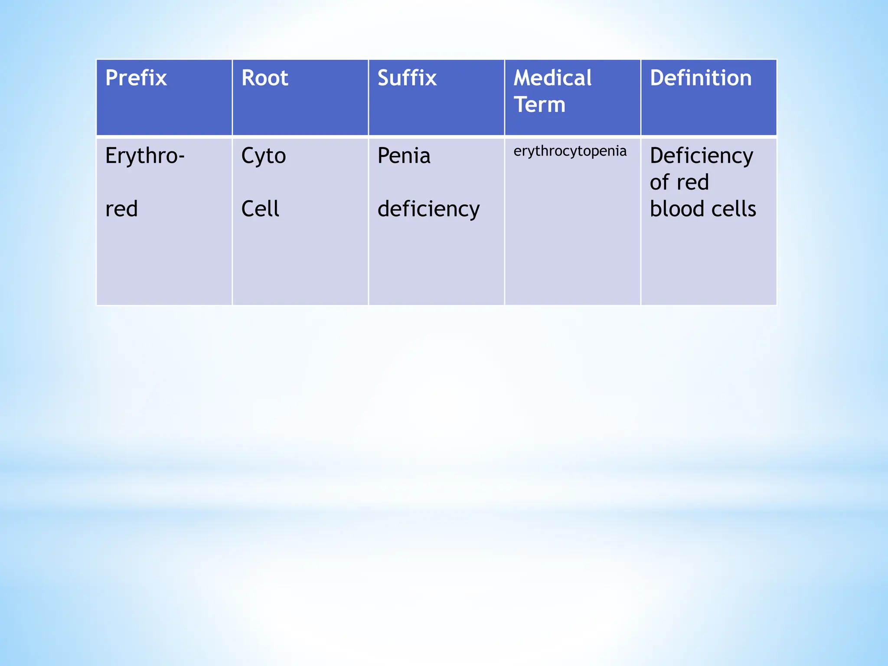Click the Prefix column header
coord(136,78)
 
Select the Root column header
coord(264,78)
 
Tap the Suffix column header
coord(407,78)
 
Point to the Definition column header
coord(700,78)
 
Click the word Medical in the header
coord(552,78)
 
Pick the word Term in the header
coord(539,105)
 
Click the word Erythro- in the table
coord(144,156)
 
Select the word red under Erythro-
coord(121,209)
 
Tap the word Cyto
coord(263,156)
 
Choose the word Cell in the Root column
coord(260,209)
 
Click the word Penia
coord(404,156)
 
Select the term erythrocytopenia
coord(570,151)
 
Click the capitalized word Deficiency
coord(701,157)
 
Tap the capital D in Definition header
coord(656,78)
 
